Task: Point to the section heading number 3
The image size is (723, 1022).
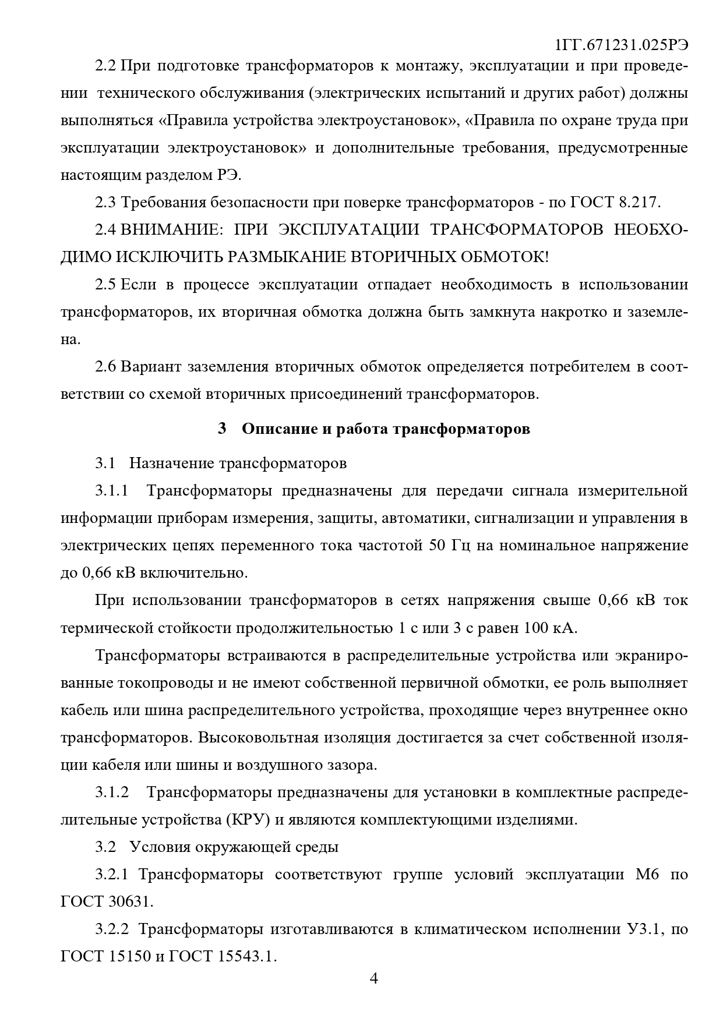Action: coord(221,429)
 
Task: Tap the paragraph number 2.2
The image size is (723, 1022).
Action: coord(107,65)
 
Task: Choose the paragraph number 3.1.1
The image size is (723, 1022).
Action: coord(112,490)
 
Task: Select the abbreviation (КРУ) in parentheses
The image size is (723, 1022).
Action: coord(246,820)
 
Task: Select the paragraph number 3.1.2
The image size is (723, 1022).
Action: coord(112,793)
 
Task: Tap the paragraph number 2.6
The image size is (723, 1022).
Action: coord(107,367)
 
